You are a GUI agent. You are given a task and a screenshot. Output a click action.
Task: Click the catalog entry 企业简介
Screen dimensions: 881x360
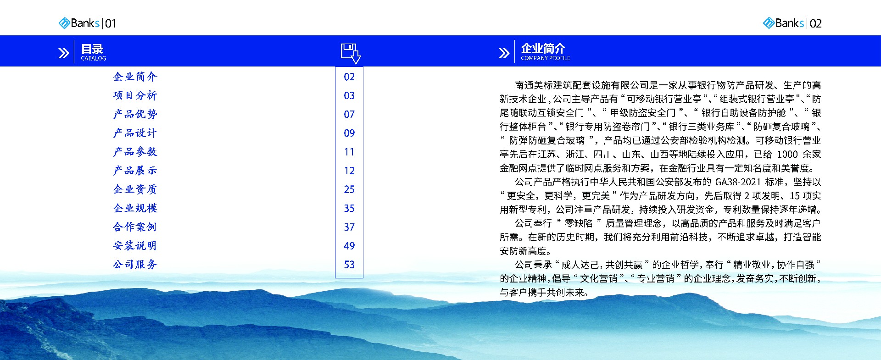click(x=135, y=77)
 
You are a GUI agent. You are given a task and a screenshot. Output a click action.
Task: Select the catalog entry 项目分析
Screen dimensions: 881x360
click(x=135, y=95)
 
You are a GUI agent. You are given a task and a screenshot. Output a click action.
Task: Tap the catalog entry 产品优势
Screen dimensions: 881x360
click(x=135, y=114)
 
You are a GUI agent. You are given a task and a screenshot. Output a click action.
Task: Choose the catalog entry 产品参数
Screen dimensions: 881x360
click(x=135, y=152)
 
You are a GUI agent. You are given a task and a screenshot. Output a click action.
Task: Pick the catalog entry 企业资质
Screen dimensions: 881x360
click(x=135, y=189)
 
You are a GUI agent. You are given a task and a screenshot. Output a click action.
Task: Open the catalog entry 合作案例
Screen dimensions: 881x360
click(x=135, y=227)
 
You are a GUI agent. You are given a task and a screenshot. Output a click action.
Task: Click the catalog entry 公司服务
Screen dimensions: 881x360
click(x=135, y=265)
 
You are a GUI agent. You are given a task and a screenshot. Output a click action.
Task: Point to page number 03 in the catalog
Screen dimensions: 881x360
click(x=349, y=95)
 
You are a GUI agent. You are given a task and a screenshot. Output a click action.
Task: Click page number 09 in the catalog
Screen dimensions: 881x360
click(x=349, y=133)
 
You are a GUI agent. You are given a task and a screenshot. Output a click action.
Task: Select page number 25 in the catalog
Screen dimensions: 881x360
click(x=349, y=189)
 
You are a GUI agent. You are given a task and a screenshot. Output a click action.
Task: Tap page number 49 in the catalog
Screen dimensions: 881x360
click(x=349, y=246)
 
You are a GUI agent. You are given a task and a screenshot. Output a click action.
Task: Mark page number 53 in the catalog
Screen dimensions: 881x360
click(x=349, y=265)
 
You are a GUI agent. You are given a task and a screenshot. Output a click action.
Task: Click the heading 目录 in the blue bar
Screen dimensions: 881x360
click(x=92, y=49)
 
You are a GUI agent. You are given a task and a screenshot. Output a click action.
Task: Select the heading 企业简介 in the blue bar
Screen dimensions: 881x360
click(x=543, y=48)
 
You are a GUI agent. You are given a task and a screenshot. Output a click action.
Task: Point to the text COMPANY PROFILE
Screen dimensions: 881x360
click(x=546, y=58)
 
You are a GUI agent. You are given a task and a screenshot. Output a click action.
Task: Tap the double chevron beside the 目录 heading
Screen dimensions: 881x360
click(x=64, y=53)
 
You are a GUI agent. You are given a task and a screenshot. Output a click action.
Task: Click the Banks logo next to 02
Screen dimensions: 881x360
click(x=783, y=23)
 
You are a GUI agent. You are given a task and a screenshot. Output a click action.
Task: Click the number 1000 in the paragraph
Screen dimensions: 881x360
click(x=787, y=155)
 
